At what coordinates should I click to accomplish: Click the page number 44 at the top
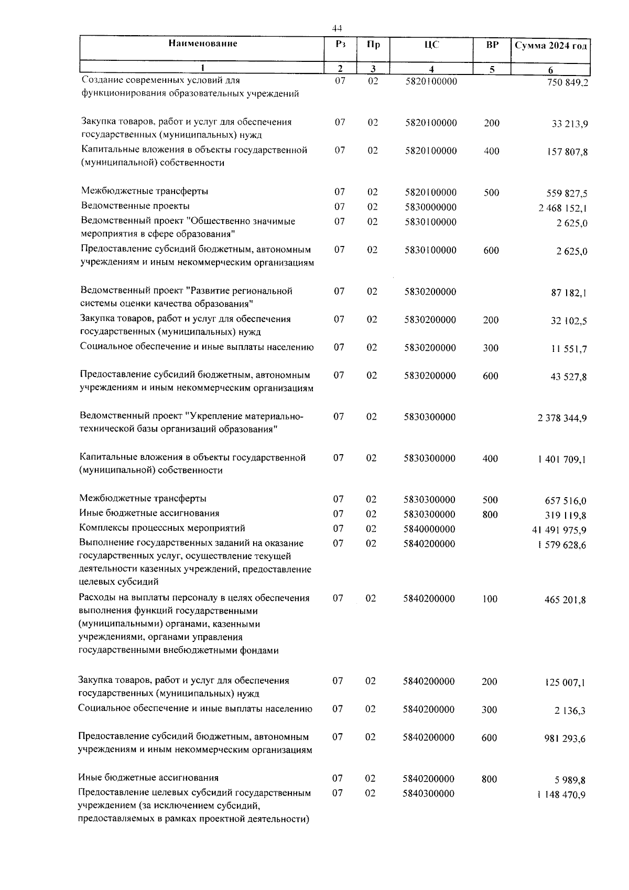pos(337,28)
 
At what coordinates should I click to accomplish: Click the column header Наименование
pos(203,44)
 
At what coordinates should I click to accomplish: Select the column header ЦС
pos(431,45)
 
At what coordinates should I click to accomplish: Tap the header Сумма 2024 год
pos(550,46)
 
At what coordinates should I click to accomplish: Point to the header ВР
pos(492,45)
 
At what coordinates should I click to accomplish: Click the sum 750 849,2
pos(563,83)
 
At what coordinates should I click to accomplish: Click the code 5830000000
pos(430,207)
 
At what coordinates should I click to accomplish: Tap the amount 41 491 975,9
pos(559,530)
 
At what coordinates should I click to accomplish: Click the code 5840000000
pos(429,529)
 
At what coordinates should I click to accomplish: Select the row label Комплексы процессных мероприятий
pos(162,528)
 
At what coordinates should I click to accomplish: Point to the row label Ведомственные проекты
pos(135,206)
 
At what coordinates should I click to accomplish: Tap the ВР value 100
pos(490,599)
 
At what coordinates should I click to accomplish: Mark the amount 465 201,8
pos(565,600)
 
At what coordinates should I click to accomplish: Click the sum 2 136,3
pos(571,711)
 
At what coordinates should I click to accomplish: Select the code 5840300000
pos(428,794)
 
